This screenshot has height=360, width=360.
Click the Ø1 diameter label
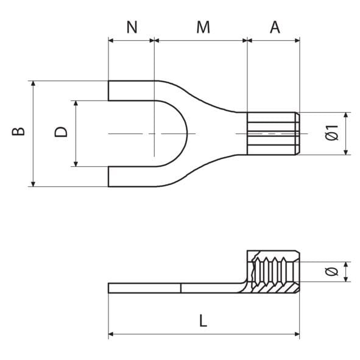pyautogui.click(x=331, y=133)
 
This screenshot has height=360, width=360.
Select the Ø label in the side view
pyautogui.click(x=331, y=272)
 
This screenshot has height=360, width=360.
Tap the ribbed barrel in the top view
pyautogui.click(x=273, y=133)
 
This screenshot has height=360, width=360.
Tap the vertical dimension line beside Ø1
pyautogui.click(x=346, y=133)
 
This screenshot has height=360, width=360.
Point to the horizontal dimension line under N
pyautogui.click(x=132, y=41)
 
